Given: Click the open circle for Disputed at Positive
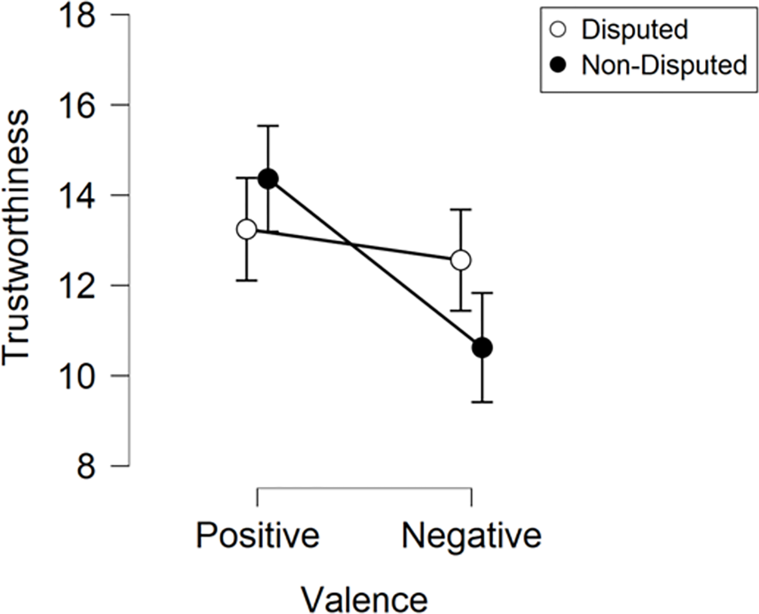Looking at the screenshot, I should (247, 229).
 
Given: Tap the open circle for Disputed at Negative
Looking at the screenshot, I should (461, 260).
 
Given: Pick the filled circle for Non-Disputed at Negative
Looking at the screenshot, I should (482, 348).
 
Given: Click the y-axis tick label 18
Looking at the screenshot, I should (77, 15).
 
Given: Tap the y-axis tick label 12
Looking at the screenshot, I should (77, 286).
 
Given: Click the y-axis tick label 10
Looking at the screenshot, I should (77, 376).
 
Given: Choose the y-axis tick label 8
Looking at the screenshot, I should (86, 466).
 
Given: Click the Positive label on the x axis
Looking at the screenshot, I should (258, 535).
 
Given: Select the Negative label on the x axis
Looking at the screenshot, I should (471, 535).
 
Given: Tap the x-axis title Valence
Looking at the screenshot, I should (364, 599).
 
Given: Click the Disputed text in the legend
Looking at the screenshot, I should (635, 29).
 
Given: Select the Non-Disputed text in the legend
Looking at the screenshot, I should (664, 65).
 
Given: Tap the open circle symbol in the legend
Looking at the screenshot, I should (558, 29).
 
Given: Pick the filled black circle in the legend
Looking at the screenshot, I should (558, 65).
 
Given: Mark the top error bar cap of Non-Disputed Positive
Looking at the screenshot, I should (268, 125).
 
